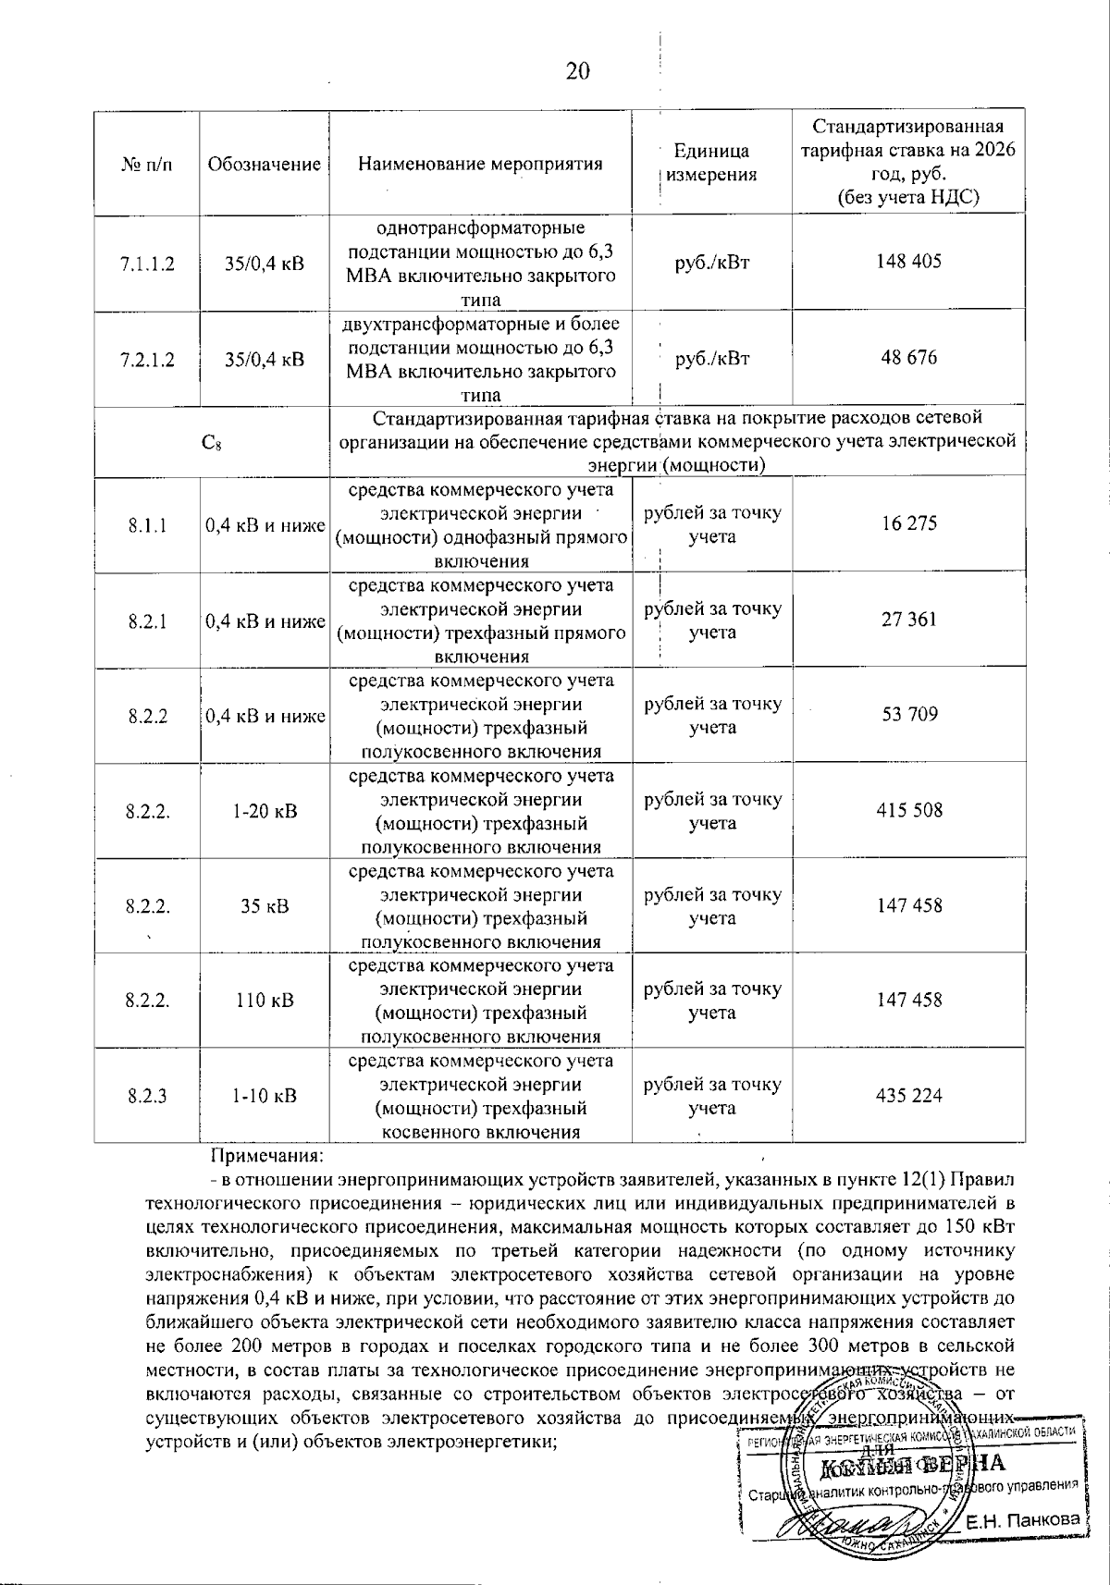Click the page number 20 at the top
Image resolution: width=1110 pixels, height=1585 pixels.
[x=578, y=71]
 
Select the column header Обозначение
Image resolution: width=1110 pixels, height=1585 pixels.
[x=264, y=165]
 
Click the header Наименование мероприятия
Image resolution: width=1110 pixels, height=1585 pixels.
[x=480, y=165]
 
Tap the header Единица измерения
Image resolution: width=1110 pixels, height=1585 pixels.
[x=711, y=163]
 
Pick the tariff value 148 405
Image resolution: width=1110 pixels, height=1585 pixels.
[x=908, y=261]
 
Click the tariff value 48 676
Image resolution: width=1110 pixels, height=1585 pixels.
[x=908, y=357]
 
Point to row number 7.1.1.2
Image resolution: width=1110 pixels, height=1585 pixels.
[x=147, y=263]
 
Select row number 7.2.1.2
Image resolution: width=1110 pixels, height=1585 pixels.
[x=147, y=359]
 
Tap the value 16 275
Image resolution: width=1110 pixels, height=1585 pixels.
[x=908, y=523]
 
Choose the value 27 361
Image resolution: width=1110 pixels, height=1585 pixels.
[x=908, y=620]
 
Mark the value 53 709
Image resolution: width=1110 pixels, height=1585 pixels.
[x=908, y=714]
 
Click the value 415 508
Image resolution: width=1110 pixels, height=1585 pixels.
[x=908, y=810]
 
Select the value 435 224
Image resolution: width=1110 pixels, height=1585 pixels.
[x=908, y=1096]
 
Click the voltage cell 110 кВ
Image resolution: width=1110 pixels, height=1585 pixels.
[x=265, y=1001]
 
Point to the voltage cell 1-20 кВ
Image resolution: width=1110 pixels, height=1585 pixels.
[x=265, y=811]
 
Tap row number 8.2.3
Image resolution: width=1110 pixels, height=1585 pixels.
[x=148, y=1096]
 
